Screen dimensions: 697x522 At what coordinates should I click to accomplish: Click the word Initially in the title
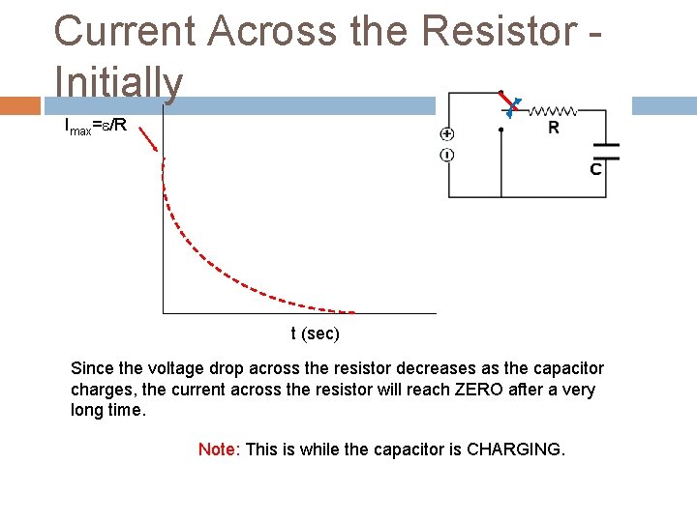(x=118, y=82)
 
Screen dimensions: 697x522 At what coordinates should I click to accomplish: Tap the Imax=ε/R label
(x=95, y=125)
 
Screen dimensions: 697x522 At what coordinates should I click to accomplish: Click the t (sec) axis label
(x=316, y=334)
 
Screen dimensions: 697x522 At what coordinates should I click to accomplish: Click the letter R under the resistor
(x=554, y=128)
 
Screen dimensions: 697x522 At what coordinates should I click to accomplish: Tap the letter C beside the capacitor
(x=595, y=169)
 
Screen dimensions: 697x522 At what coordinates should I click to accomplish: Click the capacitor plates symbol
(x=606, y=150)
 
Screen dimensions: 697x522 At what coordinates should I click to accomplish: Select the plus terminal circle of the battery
(x=447, y=134)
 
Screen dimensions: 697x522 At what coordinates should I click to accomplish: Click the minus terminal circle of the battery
(x=447, y=155)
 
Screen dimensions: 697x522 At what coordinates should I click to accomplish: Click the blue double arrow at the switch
(x=513, y=107)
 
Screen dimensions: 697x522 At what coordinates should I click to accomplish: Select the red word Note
(x=217, y=449)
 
